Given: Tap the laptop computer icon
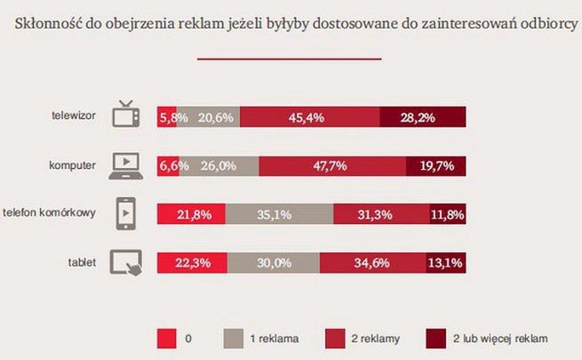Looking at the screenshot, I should coord(124,164).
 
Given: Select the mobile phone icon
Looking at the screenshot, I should coord(125,213).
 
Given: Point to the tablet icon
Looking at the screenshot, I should coord(125,262).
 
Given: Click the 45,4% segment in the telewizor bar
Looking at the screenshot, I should coord(309,116).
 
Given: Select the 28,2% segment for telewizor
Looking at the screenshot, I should coord(422,116).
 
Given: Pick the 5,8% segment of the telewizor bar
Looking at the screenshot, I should coord(166,116).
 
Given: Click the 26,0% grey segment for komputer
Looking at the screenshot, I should coord(218,165).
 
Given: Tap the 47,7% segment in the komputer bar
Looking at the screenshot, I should coord(332,165).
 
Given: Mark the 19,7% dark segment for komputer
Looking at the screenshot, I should coord(435,165).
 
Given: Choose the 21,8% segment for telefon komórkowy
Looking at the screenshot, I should coord(190,214).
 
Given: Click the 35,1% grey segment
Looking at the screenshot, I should coord(279,214).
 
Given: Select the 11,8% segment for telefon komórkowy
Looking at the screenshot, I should coord(448,214).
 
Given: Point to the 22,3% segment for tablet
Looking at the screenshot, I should coord(191,263).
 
